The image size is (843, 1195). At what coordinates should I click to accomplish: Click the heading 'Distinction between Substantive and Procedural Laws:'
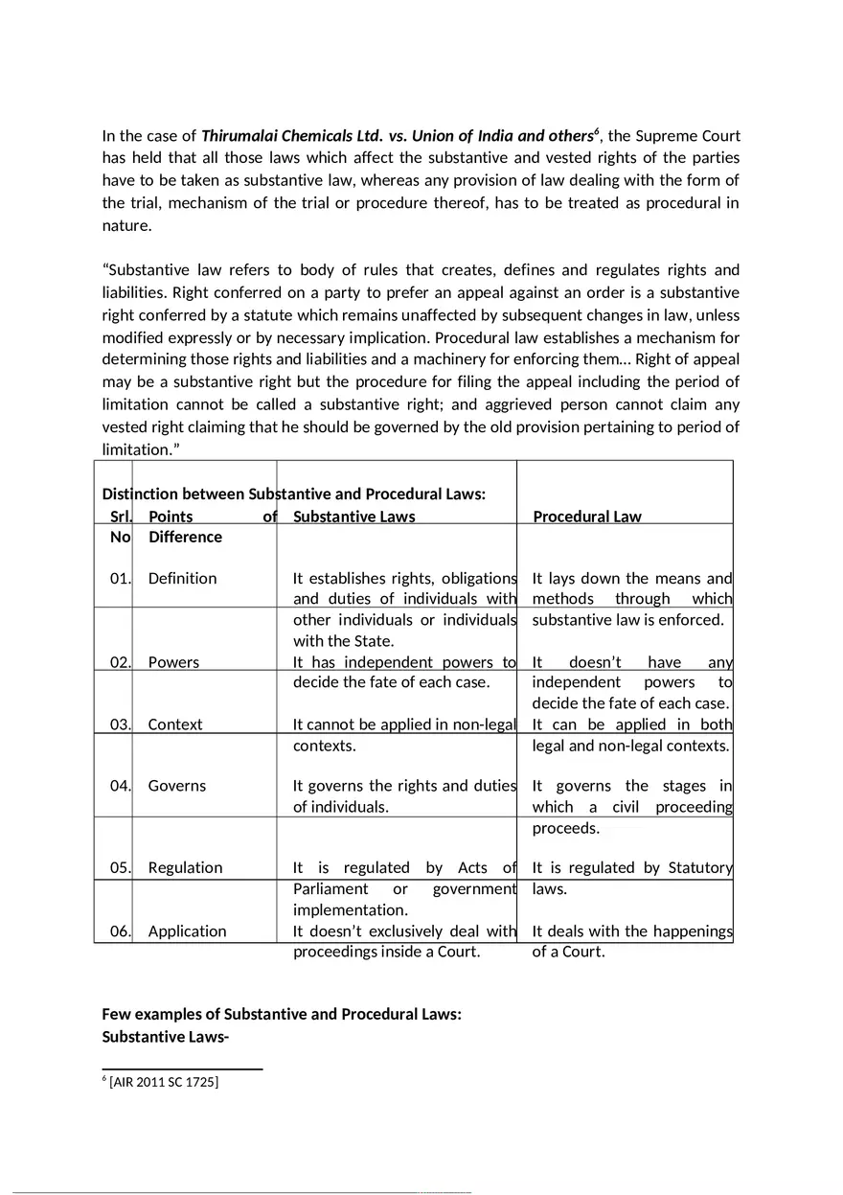click(x=294, y=494)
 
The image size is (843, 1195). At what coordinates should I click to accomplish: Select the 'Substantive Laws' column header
click(x=353, y=517)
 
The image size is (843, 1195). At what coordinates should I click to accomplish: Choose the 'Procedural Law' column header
click(x=586, y=517)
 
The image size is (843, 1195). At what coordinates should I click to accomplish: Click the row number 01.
click(x=121, y=578)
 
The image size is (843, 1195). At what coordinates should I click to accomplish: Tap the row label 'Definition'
click(x=182, y=578)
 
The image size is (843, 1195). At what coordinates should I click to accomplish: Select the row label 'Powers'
click(x=173, y=662)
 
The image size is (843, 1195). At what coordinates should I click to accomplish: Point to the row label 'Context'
click(x=174, y=724)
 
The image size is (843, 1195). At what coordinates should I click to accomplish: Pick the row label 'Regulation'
click(x=185, y=868)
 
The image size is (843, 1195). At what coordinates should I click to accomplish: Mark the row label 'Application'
click(x=187, y=931)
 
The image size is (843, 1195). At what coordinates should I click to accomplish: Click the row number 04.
click(x=121, y=786)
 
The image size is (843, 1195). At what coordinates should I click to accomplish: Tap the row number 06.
click(x=121, y=931)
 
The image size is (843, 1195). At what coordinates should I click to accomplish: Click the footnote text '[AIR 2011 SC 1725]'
click(x=163, y=1083)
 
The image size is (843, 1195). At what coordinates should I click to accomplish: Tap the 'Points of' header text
click(x=212, y=517)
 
